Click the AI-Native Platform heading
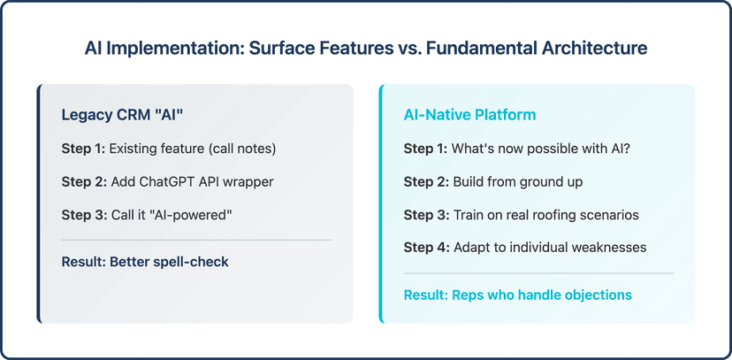[469, 115]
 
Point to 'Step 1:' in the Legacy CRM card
[83, 149]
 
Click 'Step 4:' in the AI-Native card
[425, 247]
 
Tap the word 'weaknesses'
[608, 247]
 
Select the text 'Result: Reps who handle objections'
[517, 295]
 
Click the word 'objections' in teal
[599, 295]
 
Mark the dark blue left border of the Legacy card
[39, 203]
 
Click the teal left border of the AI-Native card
[381, 203]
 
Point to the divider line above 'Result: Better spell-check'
[196, 240]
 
